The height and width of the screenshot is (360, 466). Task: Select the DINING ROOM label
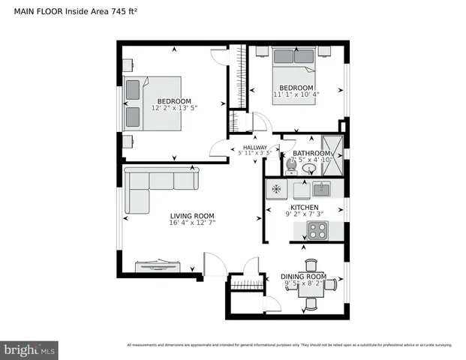(x=303, y=276)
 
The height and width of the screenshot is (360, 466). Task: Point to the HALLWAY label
(x=254, y=148)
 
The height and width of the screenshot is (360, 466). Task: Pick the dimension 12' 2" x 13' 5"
(x=173, y=108)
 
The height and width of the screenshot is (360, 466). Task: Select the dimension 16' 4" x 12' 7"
(x=193, y=223)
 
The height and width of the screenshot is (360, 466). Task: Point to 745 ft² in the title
(x=123, y=11)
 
